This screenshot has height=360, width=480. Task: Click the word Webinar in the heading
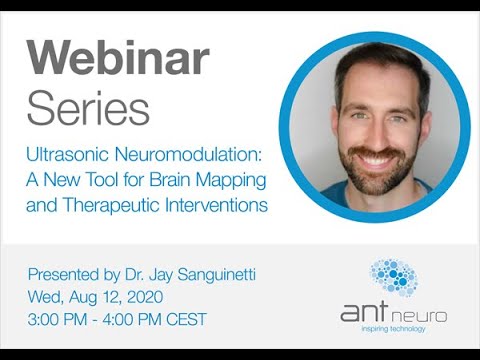(x=117, y=60)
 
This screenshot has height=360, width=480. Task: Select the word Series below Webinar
(x=88, y=107)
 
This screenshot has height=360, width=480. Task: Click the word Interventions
(x=210, y=206)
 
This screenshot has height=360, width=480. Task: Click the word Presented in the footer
(x=66, y=273)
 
